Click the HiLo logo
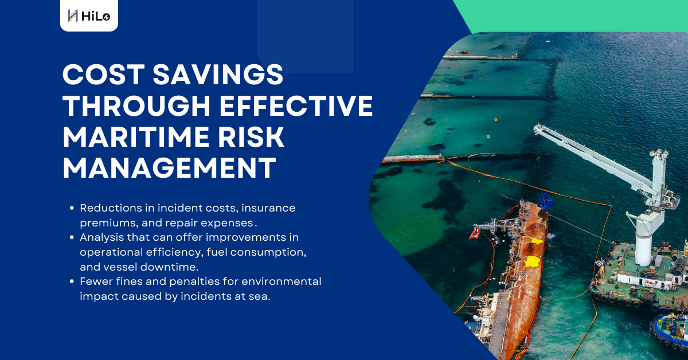89,15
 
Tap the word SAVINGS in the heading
218,75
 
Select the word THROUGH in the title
137,105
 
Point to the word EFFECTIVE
296,105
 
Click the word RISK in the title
251,137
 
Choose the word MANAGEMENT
169,168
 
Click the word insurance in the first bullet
268,208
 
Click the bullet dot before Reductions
72,208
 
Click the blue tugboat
670,331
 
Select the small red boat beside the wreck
475,233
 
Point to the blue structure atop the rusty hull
545,202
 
